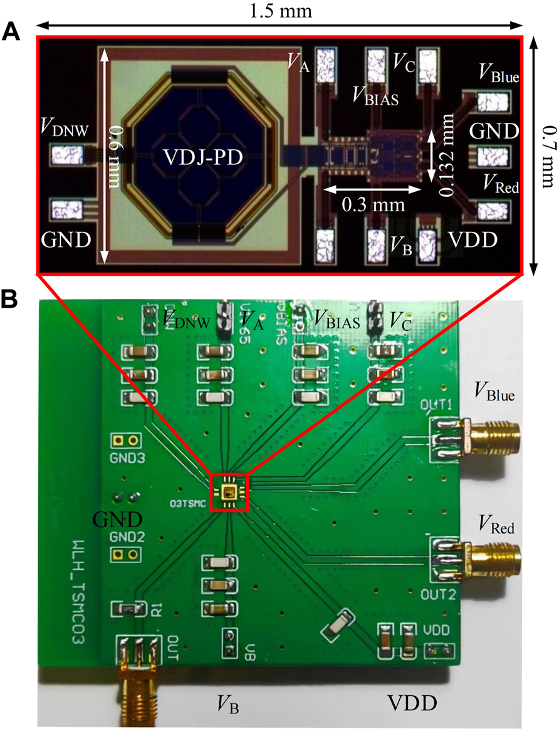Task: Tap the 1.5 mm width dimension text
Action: (279, 11)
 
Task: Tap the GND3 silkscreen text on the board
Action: (128, 458)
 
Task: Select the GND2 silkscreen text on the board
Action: (127, 537)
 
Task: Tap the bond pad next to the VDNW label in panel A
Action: (66, 154)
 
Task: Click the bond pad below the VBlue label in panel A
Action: (489, 102)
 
